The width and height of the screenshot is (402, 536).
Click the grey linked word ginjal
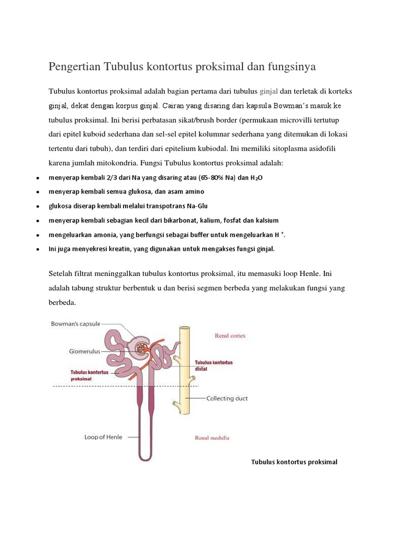point(269,91)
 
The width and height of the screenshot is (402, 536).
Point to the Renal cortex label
point(230,336)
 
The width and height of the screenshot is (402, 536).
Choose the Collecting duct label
point(227,398)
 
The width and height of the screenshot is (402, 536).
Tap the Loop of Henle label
point(103,437)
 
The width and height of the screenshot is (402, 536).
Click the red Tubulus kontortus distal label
point(214,365)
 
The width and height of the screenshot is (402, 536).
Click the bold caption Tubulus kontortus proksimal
point(294,462)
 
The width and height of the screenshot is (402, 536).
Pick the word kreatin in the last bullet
point(120,249)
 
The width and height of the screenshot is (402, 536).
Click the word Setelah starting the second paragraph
point(62,274)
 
